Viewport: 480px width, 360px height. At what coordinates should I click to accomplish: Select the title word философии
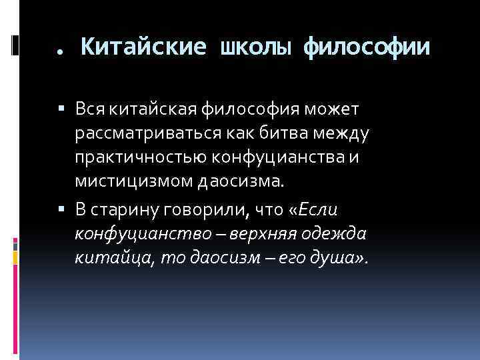tap(367, 47)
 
